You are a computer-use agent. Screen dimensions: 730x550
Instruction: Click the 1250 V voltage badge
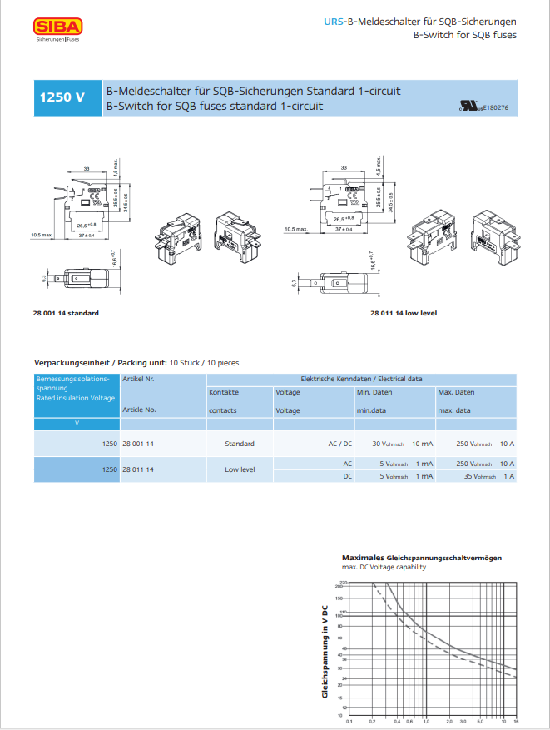pyautogui.click(x=63, y=97)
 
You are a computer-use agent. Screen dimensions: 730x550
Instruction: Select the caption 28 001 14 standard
pyautogui.click(x=66, y=313)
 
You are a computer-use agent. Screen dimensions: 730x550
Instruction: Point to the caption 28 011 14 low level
pyautogui.click(x=404, y=313)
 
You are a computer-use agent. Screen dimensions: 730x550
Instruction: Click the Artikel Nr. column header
pyautogui.click(x=139, y=379)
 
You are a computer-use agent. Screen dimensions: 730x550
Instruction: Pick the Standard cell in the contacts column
pyautogui.click(x=240, y=444)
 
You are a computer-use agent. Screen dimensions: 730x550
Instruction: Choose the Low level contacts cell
pyautogui.click(x=240, y=469)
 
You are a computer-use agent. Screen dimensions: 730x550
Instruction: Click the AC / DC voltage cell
pyautogui.click(x=339, y=444)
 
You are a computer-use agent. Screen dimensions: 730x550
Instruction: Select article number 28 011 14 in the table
pyautogui.click(x=139, y=469)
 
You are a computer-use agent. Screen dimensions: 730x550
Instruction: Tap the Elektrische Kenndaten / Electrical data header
pyautogui.click(x=361, y=379)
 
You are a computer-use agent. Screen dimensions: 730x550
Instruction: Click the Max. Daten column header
pyautogui.click(x=457, y=391)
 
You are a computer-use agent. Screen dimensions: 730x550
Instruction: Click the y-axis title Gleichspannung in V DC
pyautogui.click(x=325, y=651)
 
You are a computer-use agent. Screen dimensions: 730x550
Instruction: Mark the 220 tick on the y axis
pyautogui.click(x=341, y=583)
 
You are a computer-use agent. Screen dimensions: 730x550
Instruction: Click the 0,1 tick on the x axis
pyautogui.click(x=349, y=721)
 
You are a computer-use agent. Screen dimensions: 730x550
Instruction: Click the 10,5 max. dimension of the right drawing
pyautogui.click(x=295, y=229)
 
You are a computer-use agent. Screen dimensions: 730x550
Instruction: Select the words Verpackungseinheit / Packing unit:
pyautogui.click(x=100, y=364)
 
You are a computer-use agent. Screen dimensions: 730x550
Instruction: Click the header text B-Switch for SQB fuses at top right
pyautogui.click(x=464, y=35)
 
